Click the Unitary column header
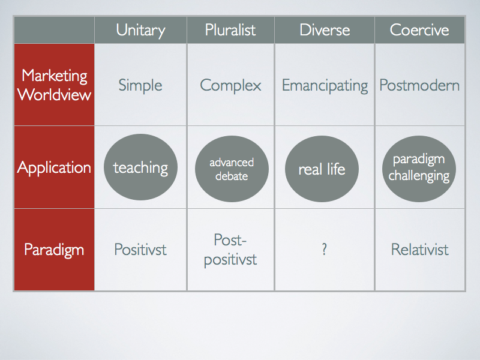(140, 31)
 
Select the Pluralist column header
(230, 30)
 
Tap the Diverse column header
(325, 30)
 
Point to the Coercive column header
(419, 30)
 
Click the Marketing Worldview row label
(54, 85)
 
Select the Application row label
(54, 168)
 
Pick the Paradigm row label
(54, 250)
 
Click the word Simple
(140, 85)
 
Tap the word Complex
(230, 85)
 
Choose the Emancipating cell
(325, 85)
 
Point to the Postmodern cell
(419, 85)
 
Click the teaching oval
(140, 167)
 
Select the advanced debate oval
(232, 169)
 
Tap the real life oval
(322, 169)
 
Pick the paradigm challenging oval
(419, 169)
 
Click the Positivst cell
(140, 250)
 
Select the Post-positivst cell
(230, 250)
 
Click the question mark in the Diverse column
(325, 250)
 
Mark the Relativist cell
(419, 250)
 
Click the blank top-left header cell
(54, 30)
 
